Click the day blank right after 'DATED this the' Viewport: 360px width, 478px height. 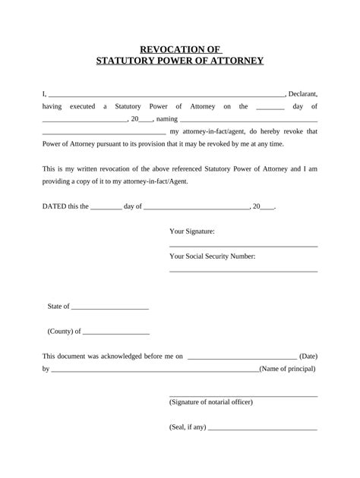coord(106,207)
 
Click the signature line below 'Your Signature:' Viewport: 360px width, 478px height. coord(242,246)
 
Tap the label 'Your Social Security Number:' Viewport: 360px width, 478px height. coord(212,256)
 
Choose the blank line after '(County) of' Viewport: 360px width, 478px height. coord(116,333)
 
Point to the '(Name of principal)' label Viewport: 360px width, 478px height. coord(288,369)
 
